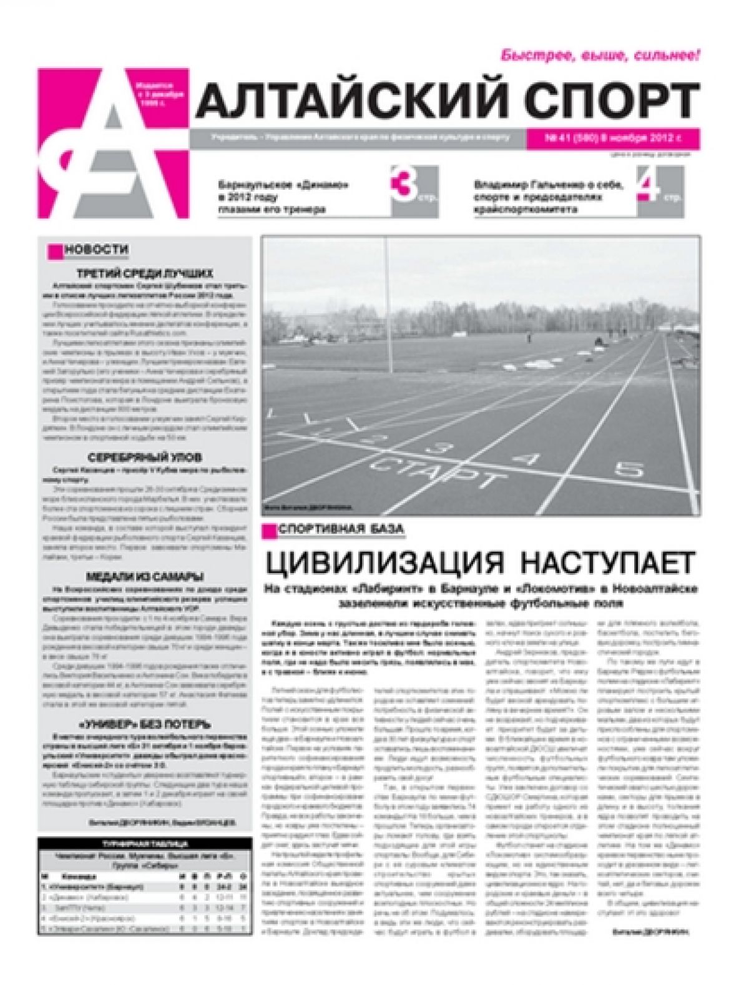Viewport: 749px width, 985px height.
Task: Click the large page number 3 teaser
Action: pos(400,186)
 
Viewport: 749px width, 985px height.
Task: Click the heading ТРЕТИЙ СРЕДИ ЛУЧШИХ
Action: pos(145,273)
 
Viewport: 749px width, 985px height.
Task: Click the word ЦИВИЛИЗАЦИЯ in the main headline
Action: pos(382,563)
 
